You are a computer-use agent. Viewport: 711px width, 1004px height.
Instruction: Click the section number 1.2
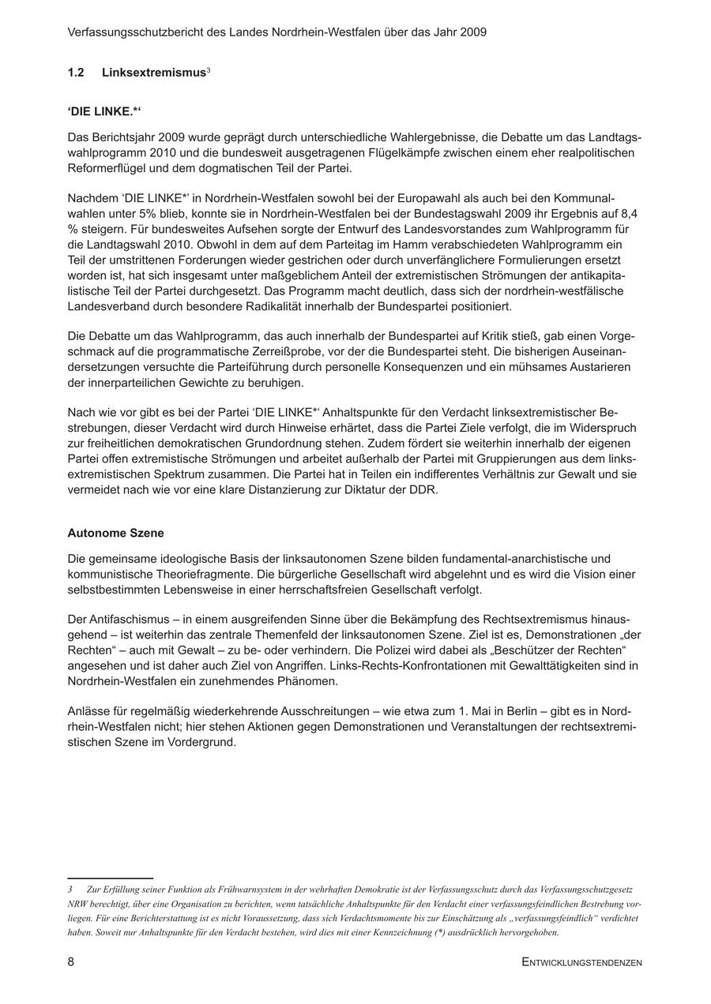(x=76, y=73)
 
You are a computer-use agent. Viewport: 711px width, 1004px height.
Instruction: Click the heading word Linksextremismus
(x=153, y=73)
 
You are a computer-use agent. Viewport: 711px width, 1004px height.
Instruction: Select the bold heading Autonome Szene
(x=115, y=533)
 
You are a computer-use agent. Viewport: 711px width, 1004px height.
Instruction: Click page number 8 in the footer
(x=71, y=961)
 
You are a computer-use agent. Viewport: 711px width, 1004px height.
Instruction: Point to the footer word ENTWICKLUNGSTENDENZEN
(x=581, y=962)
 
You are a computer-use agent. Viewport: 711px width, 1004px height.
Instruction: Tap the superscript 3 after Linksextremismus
(x=208, y=70)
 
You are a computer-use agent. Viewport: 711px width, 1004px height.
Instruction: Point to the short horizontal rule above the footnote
(x=110, y=877)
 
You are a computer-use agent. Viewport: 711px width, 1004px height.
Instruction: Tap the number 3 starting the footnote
(x=70, y=889)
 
